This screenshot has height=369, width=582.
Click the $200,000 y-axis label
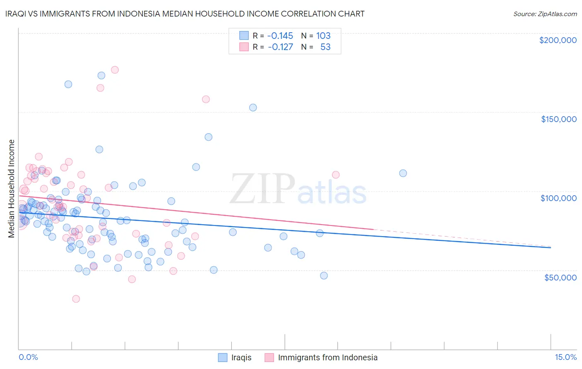pyautogui.click(x=558, y=40)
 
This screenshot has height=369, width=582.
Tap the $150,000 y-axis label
pyautogui.click(x=558, y=119)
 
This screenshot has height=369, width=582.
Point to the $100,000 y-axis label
pyautogui.click(x=558, y=198)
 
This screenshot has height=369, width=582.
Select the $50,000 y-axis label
pyautogui.click(x=560, y=277)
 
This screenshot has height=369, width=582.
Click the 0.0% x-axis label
pyautogui.click(x=28, y=357)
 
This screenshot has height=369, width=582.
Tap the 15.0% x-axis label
pyautogui.click(x=565, y=357)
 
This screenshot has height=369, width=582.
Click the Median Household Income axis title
pyautogui.click(x=12, y=189)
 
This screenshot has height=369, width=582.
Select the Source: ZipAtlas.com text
pyautogui.click(x=545, y=14)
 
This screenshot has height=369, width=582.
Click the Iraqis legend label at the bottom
pyautogui.click(x=241, y=357)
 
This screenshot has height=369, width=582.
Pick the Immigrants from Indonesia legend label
pyautogui.click(x=327, y=357)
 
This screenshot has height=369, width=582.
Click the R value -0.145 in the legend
pyautogui.click(x=280, y=36)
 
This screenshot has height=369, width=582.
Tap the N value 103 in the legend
pyautogui.click(x=323, y=36)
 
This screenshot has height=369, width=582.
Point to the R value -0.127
pyautogui.click(x=280, y=47)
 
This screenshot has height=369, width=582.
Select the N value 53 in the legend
pyautogui.click(x=325, y=47)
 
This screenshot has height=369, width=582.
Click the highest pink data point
pyautogui.click(x=115, y=70)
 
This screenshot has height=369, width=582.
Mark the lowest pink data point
pyautogui.click(x=76, y=299)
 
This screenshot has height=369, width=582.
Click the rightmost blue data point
pyautogui.click(x=403, y=173)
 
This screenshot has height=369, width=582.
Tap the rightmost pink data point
pyautogui.click(x=336, y=175)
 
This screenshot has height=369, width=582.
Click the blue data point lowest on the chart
pyautogui.click(x=324, y=276)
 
